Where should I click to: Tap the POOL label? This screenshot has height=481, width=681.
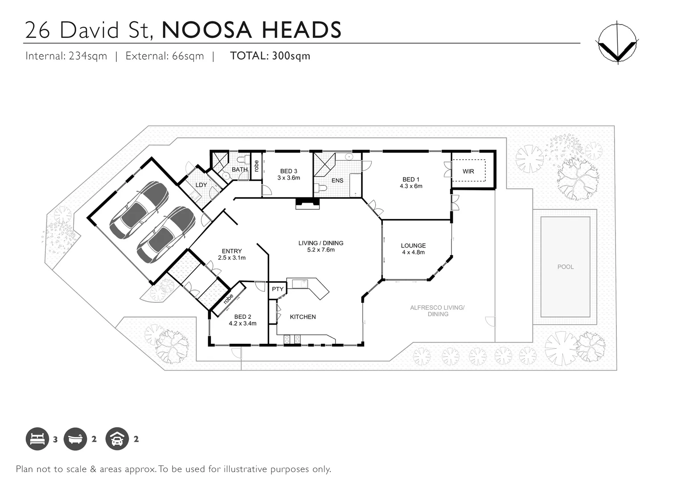(x=566, y=267)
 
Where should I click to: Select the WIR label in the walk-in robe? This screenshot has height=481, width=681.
(x=468, y=171)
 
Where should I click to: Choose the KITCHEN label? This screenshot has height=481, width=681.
(x=303, y=317)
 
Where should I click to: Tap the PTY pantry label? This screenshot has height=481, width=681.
(x=278, y=289)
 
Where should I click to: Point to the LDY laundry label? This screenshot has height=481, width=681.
(x=201, y=185)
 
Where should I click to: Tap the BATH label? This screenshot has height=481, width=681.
(x=239, y=170)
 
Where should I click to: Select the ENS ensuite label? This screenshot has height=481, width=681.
(x=337, y=180)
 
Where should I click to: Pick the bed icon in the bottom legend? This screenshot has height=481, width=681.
(x=37, y=439)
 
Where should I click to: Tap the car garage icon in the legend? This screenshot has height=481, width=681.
(x=117, y=439)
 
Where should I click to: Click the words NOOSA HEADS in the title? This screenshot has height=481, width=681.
(x=251, y=30)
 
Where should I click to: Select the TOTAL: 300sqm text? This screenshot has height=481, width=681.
(x=270, y=56)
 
